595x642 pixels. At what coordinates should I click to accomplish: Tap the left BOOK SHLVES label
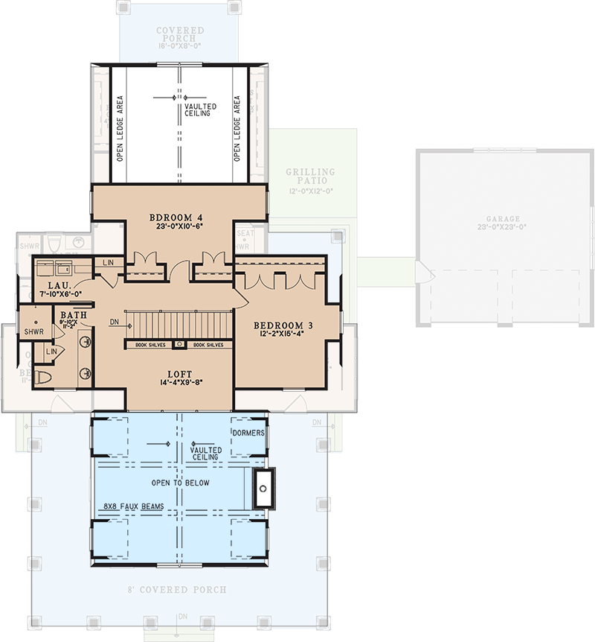coord(151,345)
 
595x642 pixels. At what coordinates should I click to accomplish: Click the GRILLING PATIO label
coord(311,177)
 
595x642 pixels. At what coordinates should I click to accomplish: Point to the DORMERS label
coord(248,433)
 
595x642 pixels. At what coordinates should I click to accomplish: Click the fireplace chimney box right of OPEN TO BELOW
coord(263,489)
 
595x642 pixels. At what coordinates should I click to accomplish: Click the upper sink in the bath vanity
coord(85,344)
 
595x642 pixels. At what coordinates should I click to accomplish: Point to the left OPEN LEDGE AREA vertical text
coord(119,128)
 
